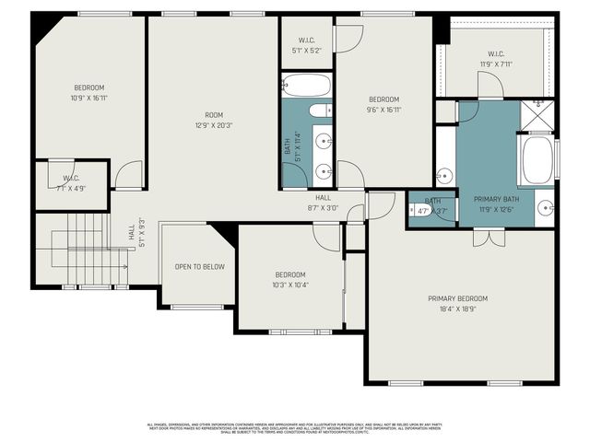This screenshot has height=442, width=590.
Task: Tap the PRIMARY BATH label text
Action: coord(496,199)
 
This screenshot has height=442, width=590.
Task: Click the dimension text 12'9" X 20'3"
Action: coord(214,126)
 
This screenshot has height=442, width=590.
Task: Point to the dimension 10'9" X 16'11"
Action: coord(88,97)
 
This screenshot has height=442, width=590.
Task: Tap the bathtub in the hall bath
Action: coord(307,87)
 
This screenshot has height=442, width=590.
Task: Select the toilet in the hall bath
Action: coord(319,111)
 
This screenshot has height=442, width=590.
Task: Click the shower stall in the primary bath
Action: coord(537,117)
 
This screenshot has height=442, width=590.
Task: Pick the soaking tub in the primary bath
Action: coord(537,162)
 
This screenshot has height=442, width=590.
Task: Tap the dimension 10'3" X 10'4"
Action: coord(290,285)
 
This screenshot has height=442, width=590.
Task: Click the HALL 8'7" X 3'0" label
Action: coord(323,203)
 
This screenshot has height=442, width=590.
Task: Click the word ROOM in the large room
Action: coord(214,115)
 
